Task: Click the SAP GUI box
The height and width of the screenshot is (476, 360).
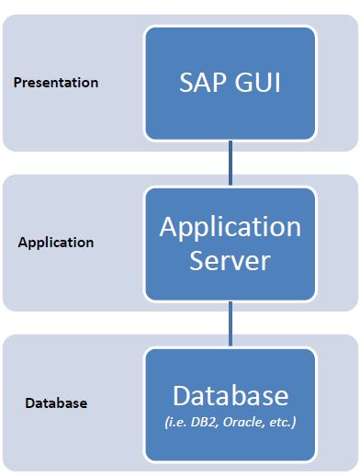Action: pyautogui.click(x=230, y=83)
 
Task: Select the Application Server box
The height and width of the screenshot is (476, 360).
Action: pyautogui.click(x=230, y=244)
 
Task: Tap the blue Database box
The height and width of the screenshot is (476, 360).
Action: pyautogui.click(x=230, y=404)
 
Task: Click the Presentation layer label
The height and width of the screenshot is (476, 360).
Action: pyautogui.click(x=56, y=83)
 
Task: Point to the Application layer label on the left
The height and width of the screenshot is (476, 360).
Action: pyautogui.click(x=56, y=244)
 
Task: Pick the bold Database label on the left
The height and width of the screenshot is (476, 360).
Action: pyautogui.click(x=56, y=403)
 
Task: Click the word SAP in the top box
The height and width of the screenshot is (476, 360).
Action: pyautogui.click(x=202, y=84)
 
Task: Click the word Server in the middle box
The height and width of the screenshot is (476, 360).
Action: pyautogui.click(x=230, y=261)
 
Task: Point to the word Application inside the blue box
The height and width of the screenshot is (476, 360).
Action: pyautogui.click(x=230, y=228)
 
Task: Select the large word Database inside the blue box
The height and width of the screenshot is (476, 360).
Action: pyautogui.click(x=230, y=396)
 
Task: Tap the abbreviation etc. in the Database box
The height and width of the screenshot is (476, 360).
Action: pyautogui.click(x=288, y=423)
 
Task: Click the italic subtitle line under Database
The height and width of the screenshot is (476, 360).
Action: pyautogui.click(x=230, y=423)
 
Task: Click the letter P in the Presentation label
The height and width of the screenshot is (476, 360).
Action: pyautogui.click(x=17, y=83)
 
